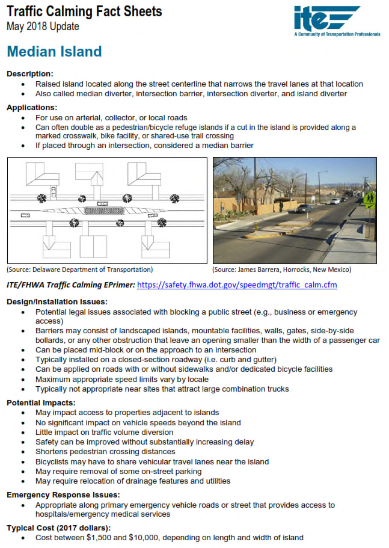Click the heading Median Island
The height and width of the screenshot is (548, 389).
point(55,52)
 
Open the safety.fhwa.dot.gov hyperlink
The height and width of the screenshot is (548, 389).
point(237,285)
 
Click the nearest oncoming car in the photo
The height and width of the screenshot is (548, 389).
point(304,208)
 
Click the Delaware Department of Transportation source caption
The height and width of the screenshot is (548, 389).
point(79,269)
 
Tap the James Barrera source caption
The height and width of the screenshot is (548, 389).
point(281,269)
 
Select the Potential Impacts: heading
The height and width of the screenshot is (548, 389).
point(41,402)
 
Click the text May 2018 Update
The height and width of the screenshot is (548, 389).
point(43,26)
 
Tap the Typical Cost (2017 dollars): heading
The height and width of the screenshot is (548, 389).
point(59,527)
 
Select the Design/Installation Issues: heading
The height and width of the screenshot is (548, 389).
point(57,301)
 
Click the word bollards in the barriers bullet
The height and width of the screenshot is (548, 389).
point(51,340)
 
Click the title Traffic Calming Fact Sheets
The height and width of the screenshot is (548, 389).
point(84,11)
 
